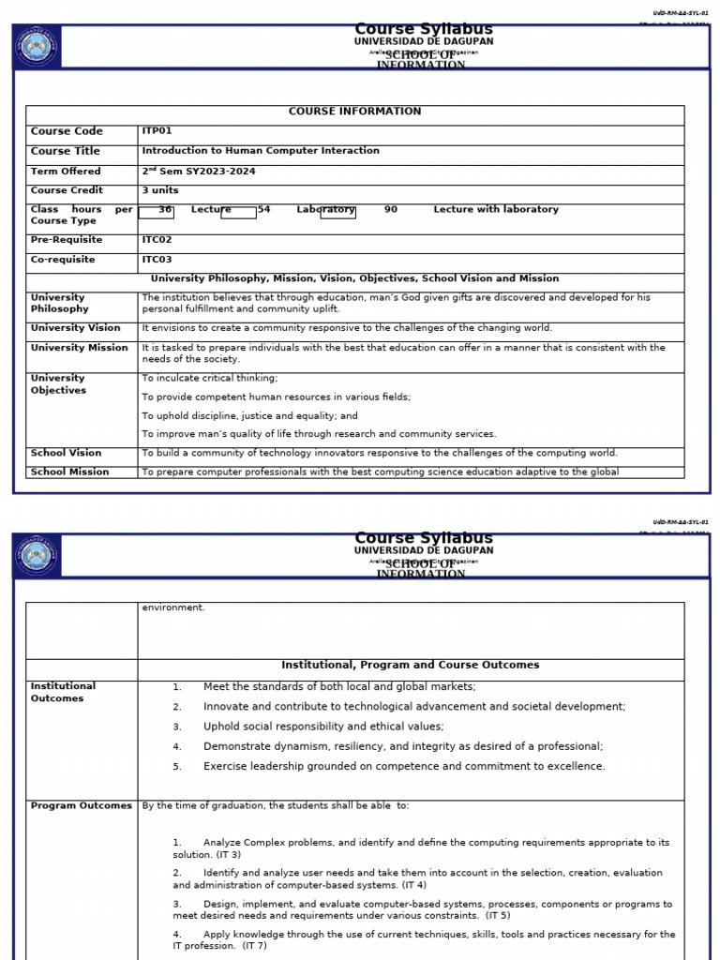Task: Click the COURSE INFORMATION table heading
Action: coord(354,112)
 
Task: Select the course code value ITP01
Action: coord(157,131)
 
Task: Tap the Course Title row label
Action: coord(65,151)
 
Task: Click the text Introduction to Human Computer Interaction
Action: coord(261,151)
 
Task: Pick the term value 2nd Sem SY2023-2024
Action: coord(198,172)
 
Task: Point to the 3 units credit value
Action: coord(159,190)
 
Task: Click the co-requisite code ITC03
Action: coord(157,260)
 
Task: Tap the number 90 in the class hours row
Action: coord(391,210)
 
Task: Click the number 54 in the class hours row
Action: coord(263,210)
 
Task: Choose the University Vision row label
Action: coord(75,328)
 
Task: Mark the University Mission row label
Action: coord(79,348)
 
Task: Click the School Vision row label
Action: coord(66,453)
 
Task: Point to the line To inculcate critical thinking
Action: coord(210,378)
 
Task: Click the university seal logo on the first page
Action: coord(37,47)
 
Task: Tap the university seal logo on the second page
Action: coord(37,556)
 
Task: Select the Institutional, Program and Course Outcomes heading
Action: coord(411,665)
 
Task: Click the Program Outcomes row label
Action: coord(81,806)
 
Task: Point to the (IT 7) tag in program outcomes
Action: coord(255,946)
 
